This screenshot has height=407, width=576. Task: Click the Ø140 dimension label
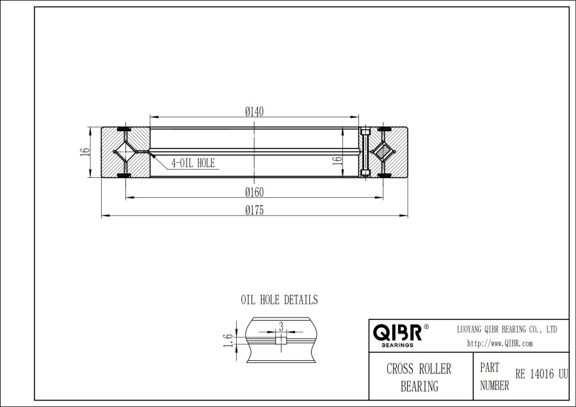click(x=255, y=111)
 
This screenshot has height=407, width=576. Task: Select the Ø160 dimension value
click(x=255, y=192)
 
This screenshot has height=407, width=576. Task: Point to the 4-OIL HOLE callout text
click(x=193, y=163)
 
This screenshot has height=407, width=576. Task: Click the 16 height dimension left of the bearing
click(x=84, y=152)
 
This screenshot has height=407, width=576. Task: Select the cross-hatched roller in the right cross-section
click(x=383, y=153)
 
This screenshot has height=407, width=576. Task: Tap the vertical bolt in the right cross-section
click(x=365, y=152)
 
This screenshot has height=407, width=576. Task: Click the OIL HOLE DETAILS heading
click(x=279, y=299)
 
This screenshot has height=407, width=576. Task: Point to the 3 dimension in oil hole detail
click(x=281, y=326)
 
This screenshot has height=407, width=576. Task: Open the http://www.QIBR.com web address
click(x=500, y=344)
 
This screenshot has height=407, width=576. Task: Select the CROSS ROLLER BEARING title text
click(x=419, y=378)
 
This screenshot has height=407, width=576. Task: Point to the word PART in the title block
click(x=489, y=369)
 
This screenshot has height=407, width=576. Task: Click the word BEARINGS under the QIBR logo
click(x=397, y=345)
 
